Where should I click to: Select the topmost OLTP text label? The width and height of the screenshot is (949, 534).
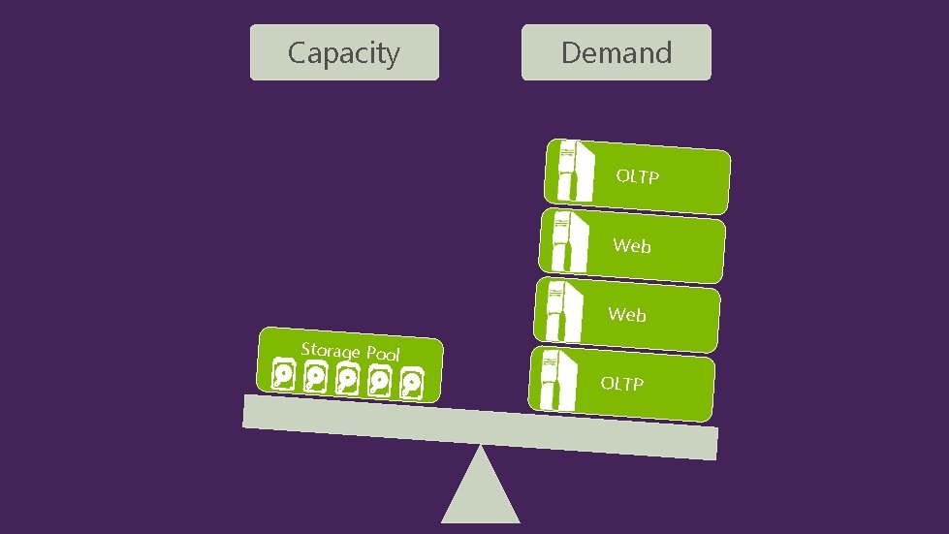point(638,176)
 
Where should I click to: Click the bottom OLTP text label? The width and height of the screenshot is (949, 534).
point(621,384)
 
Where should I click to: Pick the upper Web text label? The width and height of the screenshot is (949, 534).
point(632,246)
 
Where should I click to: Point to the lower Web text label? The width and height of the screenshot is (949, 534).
point(627,315)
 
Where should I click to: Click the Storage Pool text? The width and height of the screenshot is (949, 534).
point(350,351)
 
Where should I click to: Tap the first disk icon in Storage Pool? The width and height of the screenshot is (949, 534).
point(284,376)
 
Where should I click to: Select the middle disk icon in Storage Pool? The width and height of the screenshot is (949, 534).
point(348,380)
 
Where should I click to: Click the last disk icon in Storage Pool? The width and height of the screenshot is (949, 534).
point(412,384)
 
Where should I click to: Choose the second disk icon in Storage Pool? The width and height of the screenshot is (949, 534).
point(316,378)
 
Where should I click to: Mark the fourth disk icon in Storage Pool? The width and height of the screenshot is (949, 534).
point(380,382)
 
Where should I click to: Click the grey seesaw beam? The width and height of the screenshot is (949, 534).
point(480,427)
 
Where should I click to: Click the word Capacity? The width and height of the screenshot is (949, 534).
point(343,52)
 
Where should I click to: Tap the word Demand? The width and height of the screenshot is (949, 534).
point(617,52)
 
